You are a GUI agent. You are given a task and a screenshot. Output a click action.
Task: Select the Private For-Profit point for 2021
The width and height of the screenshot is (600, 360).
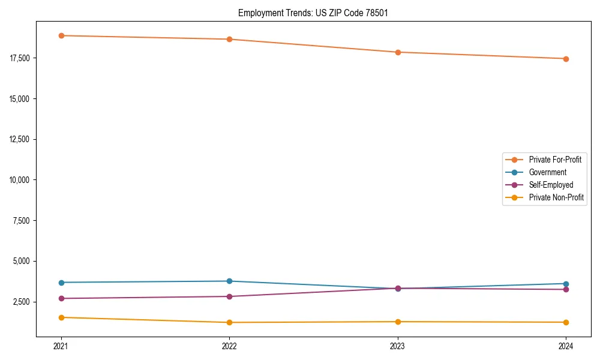pyautogui.click(x=61, y=35)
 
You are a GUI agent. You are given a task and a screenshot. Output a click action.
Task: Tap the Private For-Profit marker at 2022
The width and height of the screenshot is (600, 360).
pyautogui.click(x=229, y=40)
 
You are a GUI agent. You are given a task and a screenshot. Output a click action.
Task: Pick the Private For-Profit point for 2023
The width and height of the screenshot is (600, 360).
pyautogui.click(x=398, y=52)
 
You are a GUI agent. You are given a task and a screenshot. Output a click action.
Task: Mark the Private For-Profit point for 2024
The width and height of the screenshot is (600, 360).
pyautogui.click(x=566, y=59)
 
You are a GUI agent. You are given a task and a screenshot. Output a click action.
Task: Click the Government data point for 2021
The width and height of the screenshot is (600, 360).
pyautogui.click(x=61, y=283)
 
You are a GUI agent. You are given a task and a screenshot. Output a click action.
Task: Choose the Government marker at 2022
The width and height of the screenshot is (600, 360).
pyautogui.click(x=229, y=281)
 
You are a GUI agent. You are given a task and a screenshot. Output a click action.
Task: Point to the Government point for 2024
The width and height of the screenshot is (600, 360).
pyautogui.click(x=566, y=284)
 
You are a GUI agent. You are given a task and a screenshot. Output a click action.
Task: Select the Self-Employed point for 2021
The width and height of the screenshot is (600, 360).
pyautogui.click(x=61, y=298)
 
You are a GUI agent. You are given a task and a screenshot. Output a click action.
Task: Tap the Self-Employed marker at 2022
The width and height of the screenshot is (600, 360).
pyautogui.click(x=229, y=296)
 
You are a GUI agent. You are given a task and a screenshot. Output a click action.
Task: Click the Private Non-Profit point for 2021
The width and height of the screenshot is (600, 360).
pyautogui.click(x=61, y=317)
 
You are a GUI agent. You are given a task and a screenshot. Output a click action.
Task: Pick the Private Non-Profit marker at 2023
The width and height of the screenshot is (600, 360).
pyautogui.click(x=398, y=322)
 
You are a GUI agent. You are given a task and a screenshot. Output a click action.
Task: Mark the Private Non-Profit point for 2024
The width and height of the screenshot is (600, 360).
pyautogui.click(x=566, y=322)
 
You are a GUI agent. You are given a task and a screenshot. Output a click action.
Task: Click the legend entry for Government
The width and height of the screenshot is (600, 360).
pyautogui.click(x=547, y=172)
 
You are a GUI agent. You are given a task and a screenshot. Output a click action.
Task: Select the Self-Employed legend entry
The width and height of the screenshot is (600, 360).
pyautogui.click(x=551, y=185)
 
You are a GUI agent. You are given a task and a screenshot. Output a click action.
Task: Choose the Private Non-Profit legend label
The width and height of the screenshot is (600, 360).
pyautogui.click(x=556, y=197)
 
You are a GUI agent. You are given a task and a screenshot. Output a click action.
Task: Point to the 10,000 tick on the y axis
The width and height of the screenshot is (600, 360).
pyautogui.click(x=20, y=180)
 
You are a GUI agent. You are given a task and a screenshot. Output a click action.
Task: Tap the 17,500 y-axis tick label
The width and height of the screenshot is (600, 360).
pyautogui.click(x=20, y=58)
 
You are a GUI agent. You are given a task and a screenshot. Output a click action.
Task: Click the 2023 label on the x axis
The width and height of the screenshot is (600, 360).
pyautogui.click(x=398, y=346)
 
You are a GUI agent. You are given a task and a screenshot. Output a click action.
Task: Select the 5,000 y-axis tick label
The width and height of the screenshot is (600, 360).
pyautogui.click(x=22, y=261)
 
